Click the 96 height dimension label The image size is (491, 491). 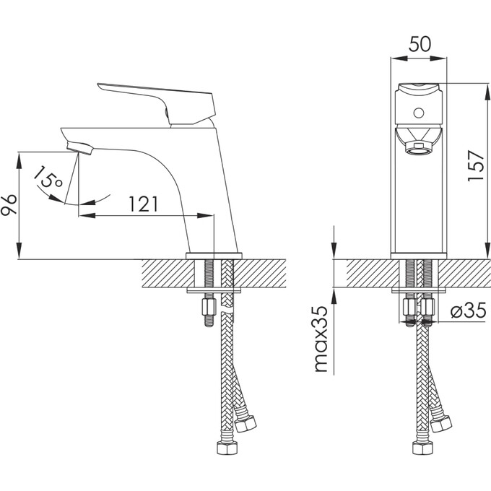(9, 205)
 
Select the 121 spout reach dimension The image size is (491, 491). (144, 204)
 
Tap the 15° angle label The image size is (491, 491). (48, 178)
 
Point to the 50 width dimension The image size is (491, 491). (420, 44)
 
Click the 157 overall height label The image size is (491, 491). (476, 165)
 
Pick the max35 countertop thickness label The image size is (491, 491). (321, 339)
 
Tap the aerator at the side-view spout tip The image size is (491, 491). (79, 147)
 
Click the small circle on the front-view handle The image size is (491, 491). (419, 113)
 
